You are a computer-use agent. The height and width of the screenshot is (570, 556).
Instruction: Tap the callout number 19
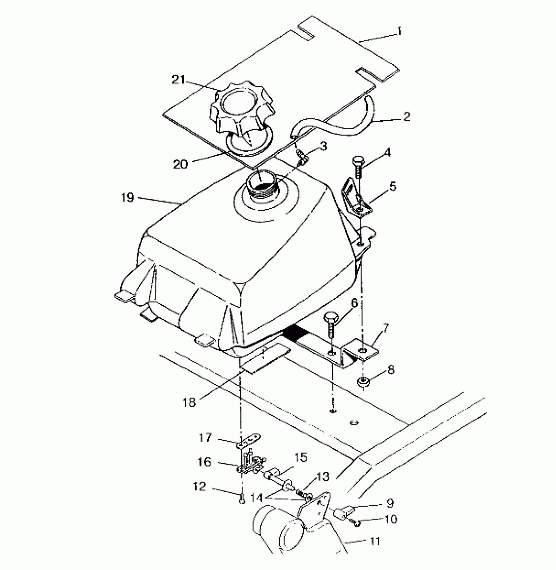click(x=127, y=197)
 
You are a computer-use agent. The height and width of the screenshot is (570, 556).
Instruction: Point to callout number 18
click(x=189, y=402)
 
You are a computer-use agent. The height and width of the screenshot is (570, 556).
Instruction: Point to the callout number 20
click(x=180, y=164)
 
